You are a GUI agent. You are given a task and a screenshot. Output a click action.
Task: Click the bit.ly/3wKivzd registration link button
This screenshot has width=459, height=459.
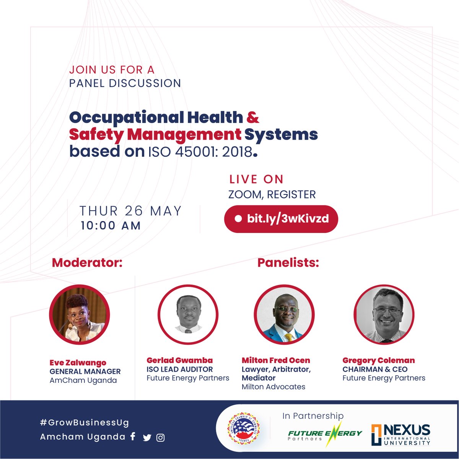point(281,219)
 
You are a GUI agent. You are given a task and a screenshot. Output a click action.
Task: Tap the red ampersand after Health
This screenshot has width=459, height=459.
point(253,117)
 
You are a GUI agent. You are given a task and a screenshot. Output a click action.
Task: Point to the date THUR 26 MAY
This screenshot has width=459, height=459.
point(130,211)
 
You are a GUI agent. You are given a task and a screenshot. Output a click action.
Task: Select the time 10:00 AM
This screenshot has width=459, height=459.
point(111,226)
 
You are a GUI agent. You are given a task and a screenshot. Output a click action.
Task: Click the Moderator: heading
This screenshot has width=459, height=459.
point(87,263)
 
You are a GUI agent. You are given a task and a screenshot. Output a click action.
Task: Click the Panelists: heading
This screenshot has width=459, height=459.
point(288,263)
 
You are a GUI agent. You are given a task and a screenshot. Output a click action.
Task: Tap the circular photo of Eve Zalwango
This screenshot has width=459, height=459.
point(80,314)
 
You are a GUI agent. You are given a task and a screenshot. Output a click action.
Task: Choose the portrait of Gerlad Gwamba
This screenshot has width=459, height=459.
point(188,314)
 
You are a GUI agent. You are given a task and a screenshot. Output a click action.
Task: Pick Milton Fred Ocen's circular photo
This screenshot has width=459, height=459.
point(284,314)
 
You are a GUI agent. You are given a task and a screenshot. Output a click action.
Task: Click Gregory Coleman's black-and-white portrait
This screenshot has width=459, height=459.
point(384,314)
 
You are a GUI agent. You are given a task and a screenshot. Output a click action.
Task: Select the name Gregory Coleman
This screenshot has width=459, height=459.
point(378,360)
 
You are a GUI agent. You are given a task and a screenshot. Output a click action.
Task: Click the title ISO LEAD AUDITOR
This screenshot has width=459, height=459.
point(179,369)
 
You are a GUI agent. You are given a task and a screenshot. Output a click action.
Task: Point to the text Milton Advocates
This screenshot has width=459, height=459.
point(273,387)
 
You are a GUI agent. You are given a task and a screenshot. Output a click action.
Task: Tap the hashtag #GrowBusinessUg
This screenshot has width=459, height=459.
point(85,423)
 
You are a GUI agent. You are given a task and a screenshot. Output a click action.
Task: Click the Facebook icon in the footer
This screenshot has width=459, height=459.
point(133,436)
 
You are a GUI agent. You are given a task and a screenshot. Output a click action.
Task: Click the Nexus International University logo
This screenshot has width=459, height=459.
point(400,435)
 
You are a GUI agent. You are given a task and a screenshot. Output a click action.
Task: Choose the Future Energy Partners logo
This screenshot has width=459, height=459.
point(324,435)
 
